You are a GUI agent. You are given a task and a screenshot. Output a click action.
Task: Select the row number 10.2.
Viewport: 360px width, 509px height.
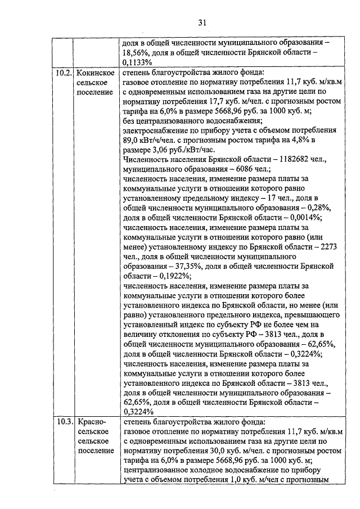pyautogui.click(x=64, y=73)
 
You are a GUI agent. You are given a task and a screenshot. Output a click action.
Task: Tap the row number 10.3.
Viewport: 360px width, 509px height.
pyautogui.click(x=64, y=421)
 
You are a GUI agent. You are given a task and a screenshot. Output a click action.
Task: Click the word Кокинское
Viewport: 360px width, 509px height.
pyautogui.click(x=96, y=73)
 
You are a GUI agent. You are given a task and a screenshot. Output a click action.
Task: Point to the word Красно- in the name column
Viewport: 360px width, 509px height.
pyautogui.click(x=92, y=421)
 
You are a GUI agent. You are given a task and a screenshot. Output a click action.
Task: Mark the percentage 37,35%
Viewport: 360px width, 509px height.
pyautogui.click(x=199, y=267)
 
